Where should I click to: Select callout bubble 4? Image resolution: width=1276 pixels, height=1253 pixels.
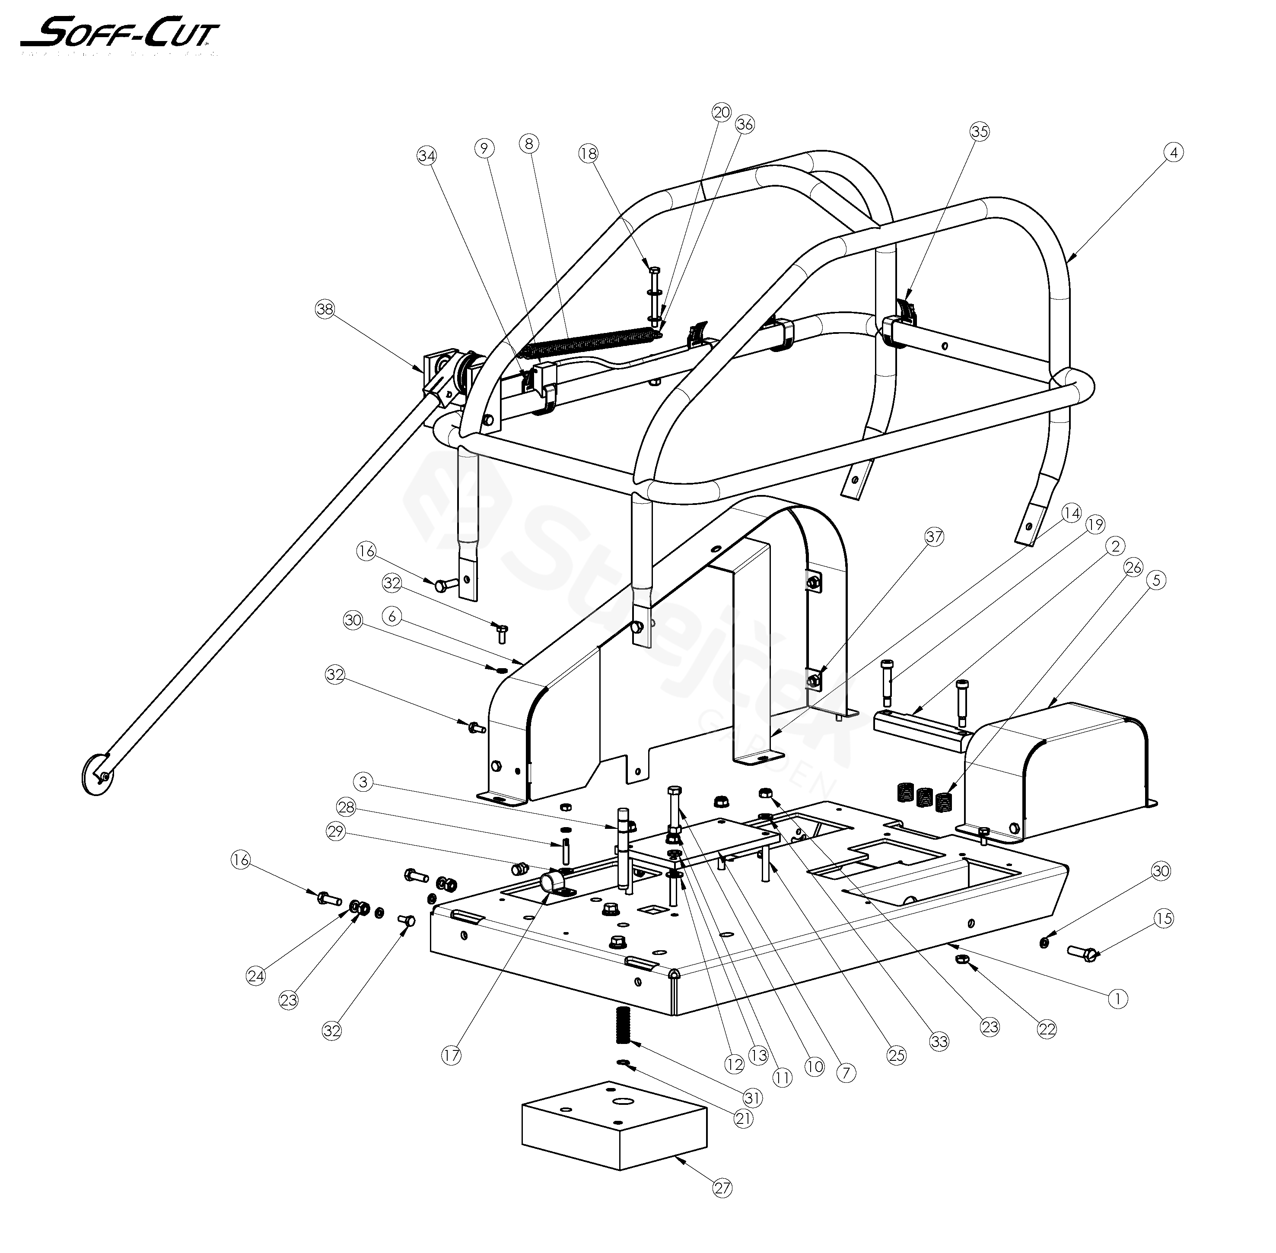(1173, 152)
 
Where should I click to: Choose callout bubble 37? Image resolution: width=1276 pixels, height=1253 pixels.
(934, 537)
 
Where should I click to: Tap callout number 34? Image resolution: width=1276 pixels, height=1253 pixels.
(426, 156)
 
